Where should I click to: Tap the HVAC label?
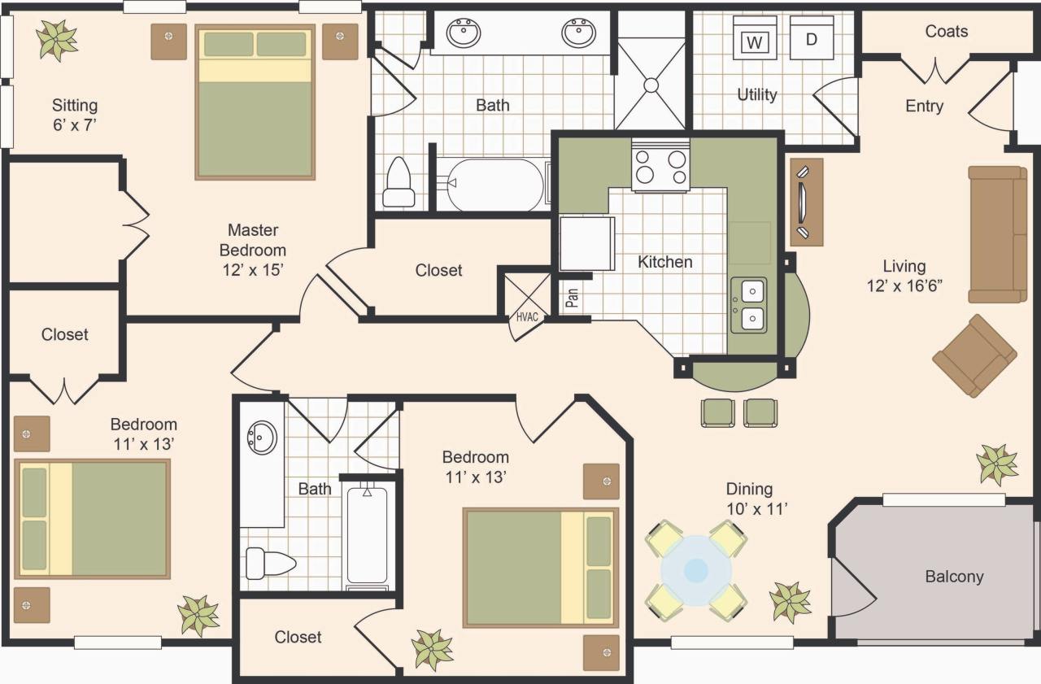[526, 316]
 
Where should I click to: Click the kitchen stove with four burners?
[660, 166]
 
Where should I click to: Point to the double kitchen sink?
[747, 304]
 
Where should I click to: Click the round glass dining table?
[695, 570]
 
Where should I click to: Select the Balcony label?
[954, 577]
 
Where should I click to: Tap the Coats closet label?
[946, 32]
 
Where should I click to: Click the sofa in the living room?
[997, 234]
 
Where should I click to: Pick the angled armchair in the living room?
[974, 355]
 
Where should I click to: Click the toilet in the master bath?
[399, 184]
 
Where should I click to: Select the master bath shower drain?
[651, 84]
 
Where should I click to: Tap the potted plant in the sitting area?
[57, 39]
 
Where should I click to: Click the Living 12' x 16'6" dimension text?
[904, 276]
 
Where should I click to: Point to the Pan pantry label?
[573, 297]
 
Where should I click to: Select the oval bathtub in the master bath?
[493, 185]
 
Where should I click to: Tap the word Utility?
[756, 95]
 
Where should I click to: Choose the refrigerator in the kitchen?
[586, 243]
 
